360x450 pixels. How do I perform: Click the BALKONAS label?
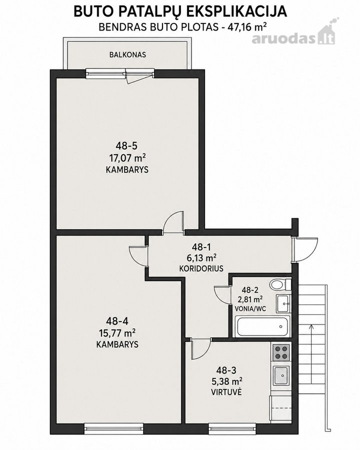pyautogui.click(x=127, y=54)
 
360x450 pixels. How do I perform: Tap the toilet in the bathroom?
pyautogui.click(x=280, y=284)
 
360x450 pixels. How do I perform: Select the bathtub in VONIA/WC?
pyautogui.click(x=262, y=326)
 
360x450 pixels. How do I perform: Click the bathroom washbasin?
pyautogui.click(x=283, y=303)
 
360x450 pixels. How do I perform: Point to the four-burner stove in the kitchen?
pyautogui.click(x=280, y=352)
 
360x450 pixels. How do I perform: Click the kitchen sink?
pyautogui.click(x=280, y=375)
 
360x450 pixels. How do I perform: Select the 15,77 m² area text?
pyautogui.click(x=117, y=333)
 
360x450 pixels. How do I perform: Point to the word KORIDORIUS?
pyautogui.click(x=201, y=268)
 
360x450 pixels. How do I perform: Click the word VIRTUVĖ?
pyautogui.click(x=226, y=392)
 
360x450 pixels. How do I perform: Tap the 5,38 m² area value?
pyautogui.click(x=226, y=381)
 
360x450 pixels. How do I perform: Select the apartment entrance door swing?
pyautogui.click(x=305, y=249)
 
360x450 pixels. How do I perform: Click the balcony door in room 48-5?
pyautogui.click(x=139, y=75)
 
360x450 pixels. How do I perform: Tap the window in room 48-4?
pyautogui.click(x=113, y=428)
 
